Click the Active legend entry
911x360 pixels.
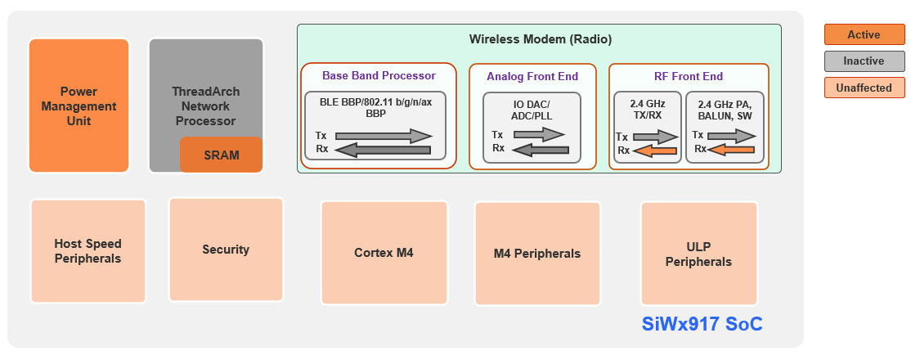coord(864,34)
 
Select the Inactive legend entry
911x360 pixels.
coord(864,61)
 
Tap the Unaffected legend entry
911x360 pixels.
coord(864,88)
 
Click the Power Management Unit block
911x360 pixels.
coord(79,106)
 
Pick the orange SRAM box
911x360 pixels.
coord(221,155)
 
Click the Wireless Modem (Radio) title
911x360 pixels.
coord(540,39)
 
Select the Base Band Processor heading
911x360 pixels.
coord(378,75)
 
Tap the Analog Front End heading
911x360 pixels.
coord(532,76)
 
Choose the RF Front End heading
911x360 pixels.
coord(688,76)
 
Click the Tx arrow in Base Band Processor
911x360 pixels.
coord(384,136)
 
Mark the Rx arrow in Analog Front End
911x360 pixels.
coord(540,150)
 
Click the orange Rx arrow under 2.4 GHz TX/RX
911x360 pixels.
coord(655,151)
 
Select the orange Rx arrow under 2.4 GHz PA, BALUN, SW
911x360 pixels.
coord(731,150)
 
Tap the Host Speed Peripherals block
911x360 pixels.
coord(88,251)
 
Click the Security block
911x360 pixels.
coord(226,250)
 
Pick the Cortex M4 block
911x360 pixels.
coord(384,253)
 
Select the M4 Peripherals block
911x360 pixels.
coord(537,254)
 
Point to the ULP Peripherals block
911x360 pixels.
coord(698,254)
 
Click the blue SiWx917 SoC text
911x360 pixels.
coord(702,325)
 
